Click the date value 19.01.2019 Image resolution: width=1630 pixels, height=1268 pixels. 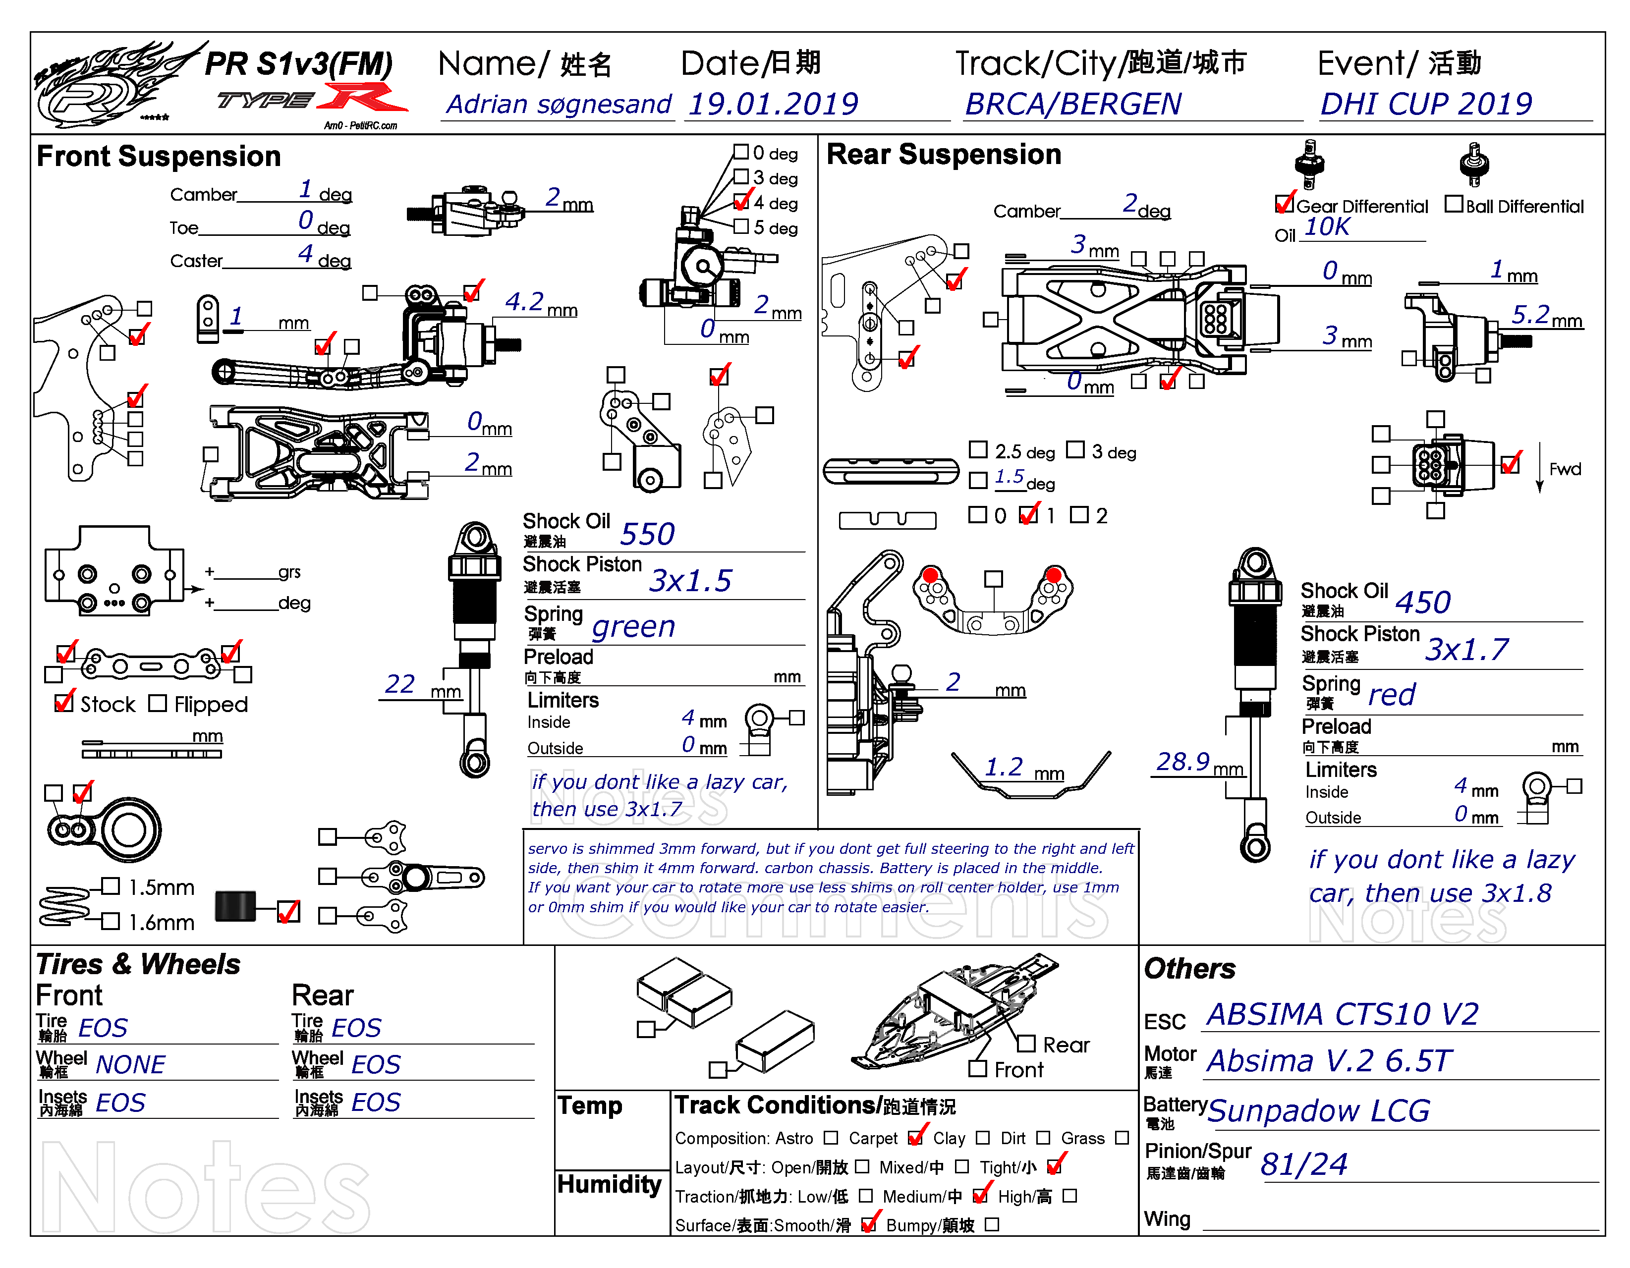(x=773, y=104)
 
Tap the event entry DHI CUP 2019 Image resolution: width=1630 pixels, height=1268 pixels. (x=1425, y=104)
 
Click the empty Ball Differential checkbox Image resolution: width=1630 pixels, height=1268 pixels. (x=1453, y=204)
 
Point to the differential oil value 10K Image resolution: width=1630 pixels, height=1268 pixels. (x=1327, y=227)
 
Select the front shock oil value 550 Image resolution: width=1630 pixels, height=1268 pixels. (x=647, y=534)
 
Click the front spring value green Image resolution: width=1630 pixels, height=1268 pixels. (x=634, y=627)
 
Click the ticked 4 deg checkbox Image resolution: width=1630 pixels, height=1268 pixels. (x=741, y=202)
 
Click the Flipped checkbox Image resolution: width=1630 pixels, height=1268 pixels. (x=158, y=703)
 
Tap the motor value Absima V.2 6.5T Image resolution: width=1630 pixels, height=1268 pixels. (x=1329, y=1060)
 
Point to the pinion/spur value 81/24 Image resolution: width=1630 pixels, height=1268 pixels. (x=1304, y=1164)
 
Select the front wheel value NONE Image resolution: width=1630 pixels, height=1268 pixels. (x=131, y=1064)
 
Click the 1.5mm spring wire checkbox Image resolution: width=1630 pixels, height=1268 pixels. (x=111, y=886)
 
